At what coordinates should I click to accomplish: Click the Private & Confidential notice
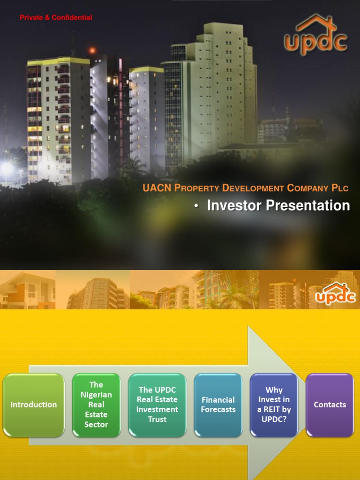(56, 18)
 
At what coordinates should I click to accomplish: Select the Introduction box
(34, 405)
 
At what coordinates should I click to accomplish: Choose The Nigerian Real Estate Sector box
(96, 405)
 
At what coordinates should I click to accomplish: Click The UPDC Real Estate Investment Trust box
(157, 405)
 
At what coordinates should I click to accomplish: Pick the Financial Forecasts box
(218, 405)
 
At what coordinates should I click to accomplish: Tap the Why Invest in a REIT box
(274, 405)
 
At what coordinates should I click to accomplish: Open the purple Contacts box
(330, 405)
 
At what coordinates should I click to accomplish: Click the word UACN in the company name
(157, 188)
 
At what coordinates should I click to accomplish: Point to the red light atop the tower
(92, 50)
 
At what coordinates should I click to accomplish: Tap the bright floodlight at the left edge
(7, 168)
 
